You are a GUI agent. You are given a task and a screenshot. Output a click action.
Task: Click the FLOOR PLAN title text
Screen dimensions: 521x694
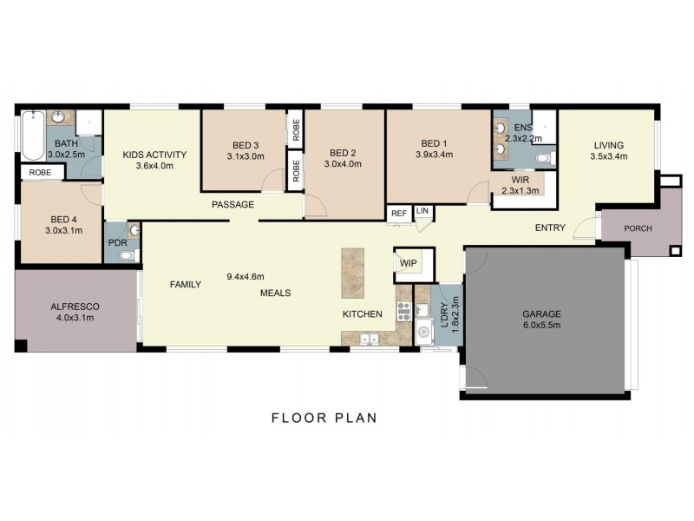(x=324, y=418)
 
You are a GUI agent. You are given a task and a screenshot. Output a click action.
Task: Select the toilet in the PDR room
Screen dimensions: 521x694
(x=128, y=255)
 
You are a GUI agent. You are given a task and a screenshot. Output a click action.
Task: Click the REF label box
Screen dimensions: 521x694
(x=399, y=213)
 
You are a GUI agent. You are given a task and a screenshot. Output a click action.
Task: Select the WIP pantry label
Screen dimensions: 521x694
(x=407, y=263)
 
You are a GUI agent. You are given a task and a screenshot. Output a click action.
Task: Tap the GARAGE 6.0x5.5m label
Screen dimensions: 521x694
(x=542, y=320)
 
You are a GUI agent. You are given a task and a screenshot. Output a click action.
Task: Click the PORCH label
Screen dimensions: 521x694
(x=638, y=229)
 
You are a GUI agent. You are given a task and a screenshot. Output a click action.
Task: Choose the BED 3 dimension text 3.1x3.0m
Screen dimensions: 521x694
(x=246, y=156)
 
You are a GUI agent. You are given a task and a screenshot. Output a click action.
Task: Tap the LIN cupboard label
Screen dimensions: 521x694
(x=422, y=211)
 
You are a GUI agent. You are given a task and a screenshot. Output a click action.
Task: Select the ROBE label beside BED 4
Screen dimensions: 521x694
(x=40, y=173)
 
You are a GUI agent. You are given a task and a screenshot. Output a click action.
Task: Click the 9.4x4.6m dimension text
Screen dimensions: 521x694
(x=247, y=277)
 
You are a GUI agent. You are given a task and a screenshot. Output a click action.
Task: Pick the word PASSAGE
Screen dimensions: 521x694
(x=233, y=205)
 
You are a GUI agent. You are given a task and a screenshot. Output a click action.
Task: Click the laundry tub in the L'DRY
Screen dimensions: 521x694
(x=424, y=331)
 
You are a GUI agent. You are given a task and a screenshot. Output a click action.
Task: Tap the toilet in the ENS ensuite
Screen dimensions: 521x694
(x=543, y=158)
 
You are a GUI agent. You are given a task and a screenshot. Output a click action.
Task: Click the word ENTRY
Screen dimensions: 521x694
(x=550, y=228)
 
